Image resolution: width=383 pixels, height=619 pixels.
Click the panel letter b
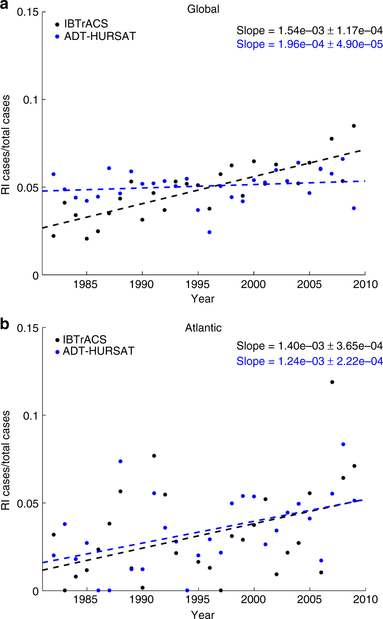pyautogui.click(x=5, y=324)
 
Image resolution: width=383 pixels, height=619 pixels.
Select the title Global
pyautogui.click(x=203, y=9)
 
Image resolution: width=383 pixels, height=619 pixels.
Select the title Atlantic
pyautogui.click(x=203, y=328)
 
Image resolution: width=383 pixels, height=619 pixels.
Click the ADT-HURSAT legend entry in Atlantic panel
pyautogui.click(x=98, y=351)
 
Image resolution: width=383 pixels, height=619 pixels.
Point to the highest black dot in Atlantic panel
pyautogui.click(x=332, y=382)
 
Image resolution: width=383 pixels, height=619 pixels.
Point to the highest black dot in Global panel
pyautogui.click(x=354, y=126)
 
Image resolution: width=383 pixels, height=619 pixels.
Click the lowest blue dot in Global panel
pyautogui.click(x=209, y=232)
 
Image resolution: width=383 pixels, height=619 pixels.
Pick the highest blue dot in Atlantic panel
pyautogui.click(x=343, y=444)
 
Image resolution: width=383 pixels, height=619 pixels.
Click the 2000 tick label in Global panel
pyautogui.click(x=253, y=285)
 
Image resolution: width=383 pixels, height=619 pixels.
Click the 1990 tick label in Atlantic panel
pyautogui.click(x=142, y=599)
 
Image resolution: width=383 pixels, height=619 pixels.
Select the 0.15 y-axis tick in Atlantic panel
pyautogui.click(x=28, y=328)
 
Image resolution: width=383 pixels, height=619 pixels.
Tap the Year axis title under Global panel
pyautogui.click(x=203, y=299)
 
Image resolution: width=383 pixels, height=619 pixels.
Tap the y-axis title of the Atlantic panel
pyautogui.click(x=6, y=460)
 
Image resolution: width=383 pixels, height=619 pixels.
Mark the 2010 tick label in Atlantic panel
pyautogui.click(x=365, y=599)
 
